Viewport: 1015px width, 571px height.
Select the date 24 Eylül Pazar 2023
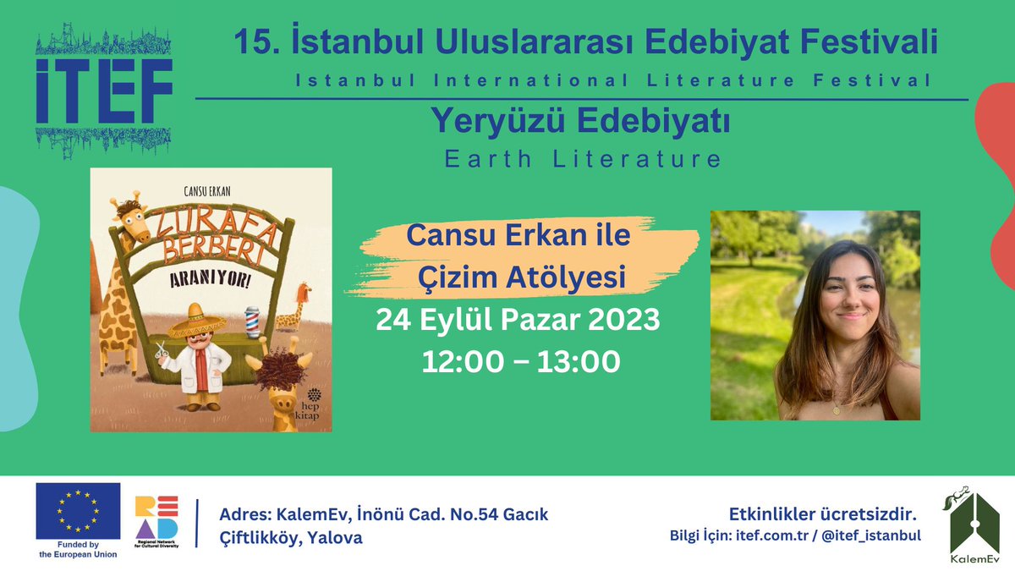(x=518, y=322)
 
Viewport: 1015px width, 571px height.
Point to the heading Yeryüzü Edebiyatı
(x=580, y=123)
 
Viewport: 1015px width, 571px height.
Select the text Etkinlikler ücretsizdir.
(x=823, y=514)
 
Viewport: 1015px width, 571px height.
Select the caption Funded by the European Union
(x=78, y=549)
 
